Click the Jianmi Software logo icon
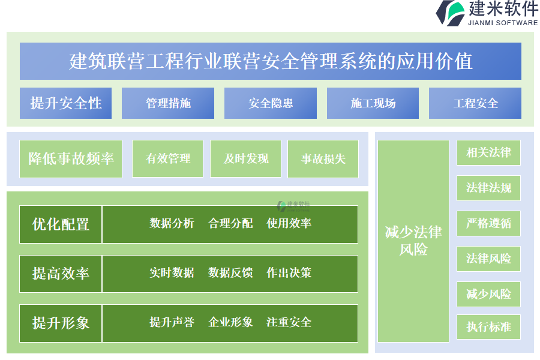[451, 13]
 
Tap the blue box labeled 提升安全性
[65, 103]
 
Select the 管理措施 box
[168, 103]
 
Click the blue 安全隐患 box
[271, 103]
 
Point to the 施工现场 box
[373, 103]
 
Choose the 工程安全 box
[475, 103]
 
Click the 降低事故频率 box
[71, 159]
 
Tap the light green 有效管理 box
[168, 159]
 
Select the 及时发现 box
[245, 159]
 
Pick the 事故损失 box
[323, 159]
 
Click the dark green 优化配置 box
[61, 224]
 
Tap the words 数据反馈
[230, 273]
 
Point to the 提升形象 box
[61, 323]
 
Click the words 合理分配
[230, 223]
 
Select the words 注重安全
[289, 322]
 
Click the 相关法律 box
[488, 152]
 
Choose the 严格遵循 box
[488, 223]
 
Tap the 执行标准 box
[488, 327]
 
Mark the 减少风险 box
[488, 294]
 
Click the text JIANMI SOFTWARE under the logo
[503, 23]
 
